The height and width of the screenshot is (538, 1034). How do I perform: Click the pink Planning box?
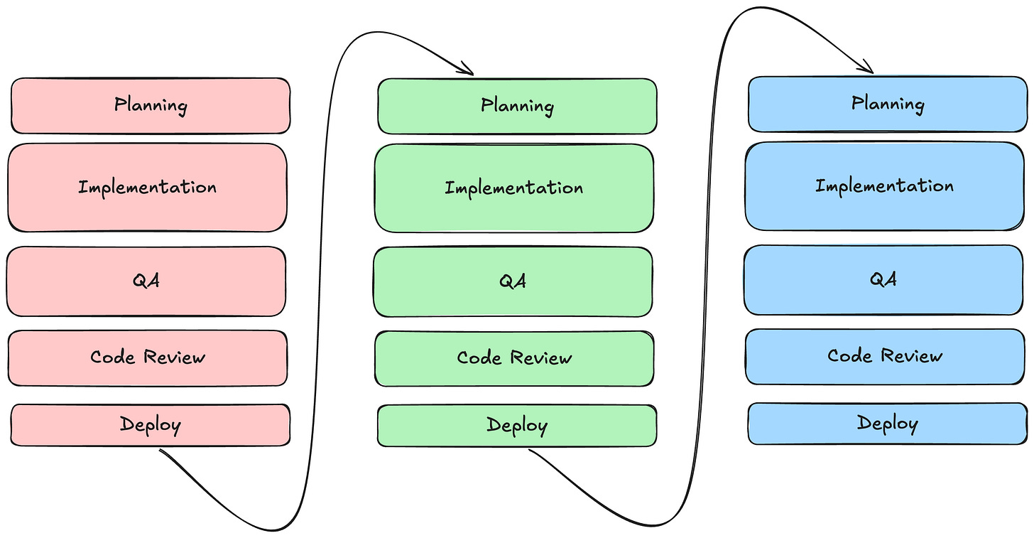151,106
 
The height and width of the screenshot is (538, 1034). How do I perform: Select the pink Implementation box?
147,188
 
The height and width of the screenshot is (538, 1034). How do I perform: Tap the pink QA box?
146,281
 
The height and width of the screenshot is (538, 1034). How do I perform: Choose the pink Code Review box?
147,358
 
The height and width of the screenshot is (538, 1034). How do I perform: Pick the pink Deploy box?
151,425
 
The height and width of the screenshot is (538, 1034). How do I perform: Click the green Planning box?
517,106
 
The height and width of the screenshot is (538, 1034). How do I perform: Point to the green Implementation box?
513,188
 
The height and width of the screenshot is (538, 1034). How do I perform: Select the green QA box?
513,281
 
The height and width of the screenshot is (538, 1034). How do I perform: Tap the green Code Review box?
514,358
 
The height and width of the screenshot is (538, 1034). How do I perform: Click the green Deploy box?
517,426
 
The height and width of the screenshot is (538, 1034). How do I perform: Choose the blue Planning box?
888,104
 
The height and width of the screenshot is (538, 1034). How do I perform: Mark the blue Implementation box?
884,186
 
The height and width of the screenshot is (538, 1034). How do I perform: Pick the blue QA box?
883,280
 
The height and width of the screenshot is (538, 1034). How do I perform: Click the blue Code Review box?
885,357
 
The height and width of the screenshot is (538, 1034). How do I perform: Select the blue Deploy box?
888,424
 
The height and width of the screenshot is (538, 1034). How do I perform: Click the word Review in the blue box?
911,355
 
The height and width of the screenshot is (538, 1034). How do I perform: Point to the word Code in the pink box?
113,357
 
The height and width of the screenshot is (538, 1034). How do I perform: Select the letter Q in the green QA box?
506,281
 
